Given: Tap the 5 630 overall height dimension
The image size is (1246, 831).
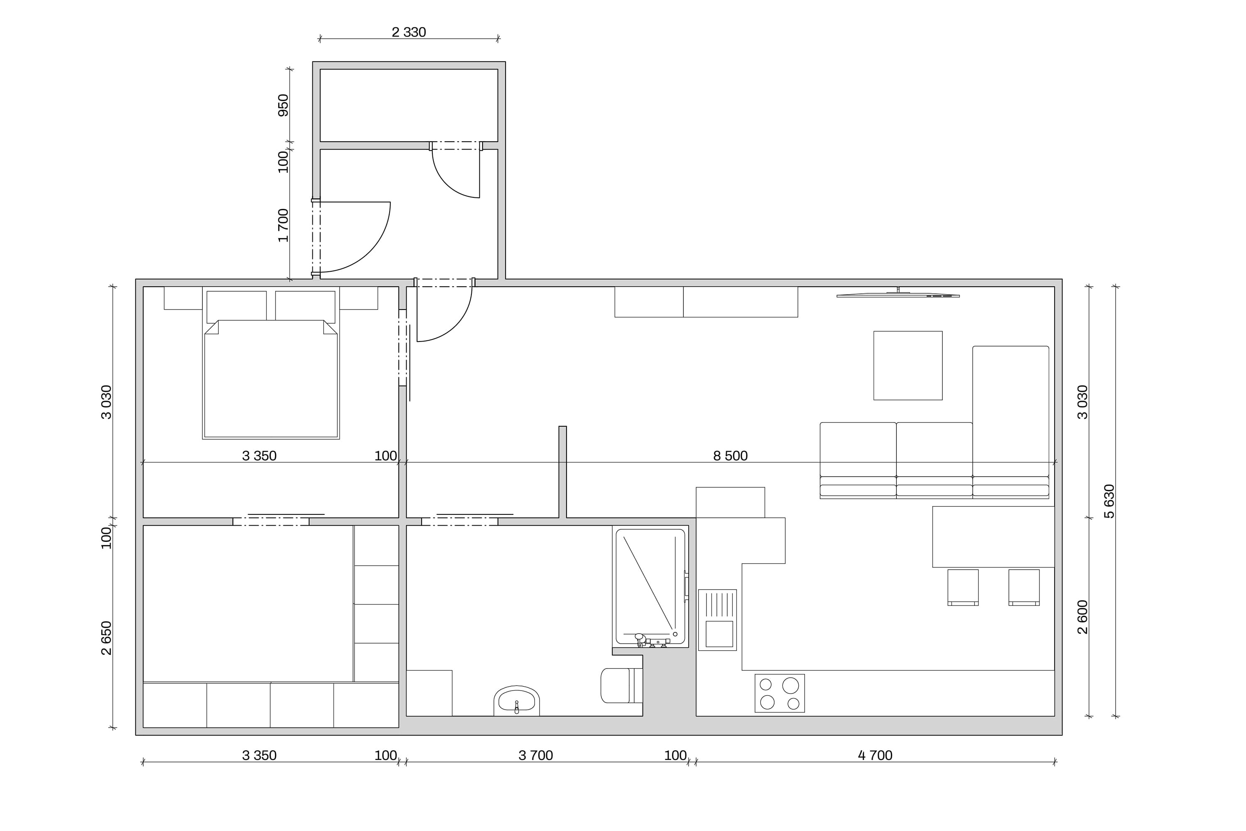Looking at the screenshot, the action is [x=1109, y=502].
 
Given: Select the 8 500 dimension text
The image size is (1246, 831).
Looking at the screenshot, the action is [x=730, y=456].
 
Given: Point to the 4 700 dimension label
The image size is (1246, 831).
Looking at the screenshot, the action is [x=875, y=755].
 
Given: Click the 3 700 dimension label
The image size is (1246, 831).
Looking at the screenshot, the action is [x=536, y=755].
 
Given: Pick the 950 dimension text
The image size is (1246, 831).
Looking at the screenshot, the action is [x=283, y=106].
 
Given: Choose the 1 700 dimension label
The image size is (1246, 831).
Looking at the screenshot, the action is [x=283, y=225].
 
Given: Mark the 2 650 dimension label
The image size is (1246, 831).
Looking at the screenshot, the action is [x=106, y=638].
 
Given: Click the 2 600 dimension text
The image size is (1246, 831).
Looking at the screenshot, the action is [x=1082, y=617].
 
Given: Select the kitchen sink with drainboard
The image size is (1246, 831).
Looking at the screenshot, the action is [x=717, y=620].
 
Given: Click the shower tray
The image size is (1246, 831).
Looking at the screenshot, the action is [x=650, y=586].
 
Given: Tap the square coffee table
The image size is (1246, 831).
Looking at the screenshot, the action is [x=908, y=366].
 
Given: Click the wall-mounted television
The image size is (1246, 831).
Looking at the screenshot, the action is [x=898, y=294].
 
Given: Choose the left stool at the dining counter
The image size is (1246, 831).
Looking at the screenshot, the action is [x=963, y=587].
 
